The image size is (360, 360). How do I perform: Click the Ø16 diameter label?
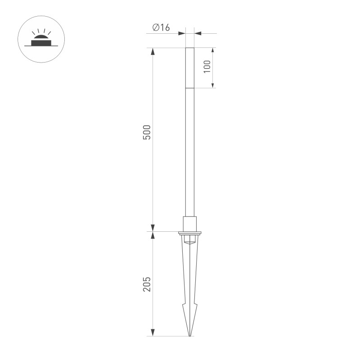[x=161, y=28]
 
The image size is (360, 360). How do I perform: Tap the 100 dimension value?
[x=207, y=67]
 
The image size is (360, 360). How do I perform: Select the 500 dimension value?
[x=147, y=132]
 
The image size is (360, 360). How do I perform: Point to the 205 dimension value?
[x=147, y=284]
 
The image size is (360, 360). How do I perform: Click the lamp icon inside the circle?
[x=41, y=40]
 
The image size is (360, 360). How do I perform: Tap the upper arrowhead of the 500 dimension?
[x=153, y=51]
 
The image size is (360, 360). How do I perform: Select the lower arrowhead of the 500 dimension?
[x=153, y=228]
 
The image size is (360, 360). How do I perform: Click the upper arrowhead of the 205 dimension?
[x=153, y=235]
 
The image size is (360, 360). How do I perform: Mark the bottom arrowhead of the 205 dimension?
[x=153, y=333]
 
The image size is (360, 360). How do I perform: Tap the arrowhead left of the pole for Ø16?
[x=182, y=33]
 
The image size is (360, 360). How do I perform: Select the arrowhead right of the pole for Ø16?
[x=198, y=33]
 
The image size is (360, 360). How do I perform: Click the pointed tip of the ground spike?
[x=190, y=335]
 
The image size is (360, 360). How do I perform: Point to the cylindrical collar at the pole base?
[x=190, y=224]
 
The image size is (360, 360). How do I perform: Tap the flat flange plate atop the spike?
[x=190, y=233]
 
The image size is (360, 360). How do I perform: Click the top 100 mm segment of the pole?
[x=190, y=67]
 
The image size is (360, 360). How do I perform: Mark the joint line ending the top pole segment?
[x=190, y=88]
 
